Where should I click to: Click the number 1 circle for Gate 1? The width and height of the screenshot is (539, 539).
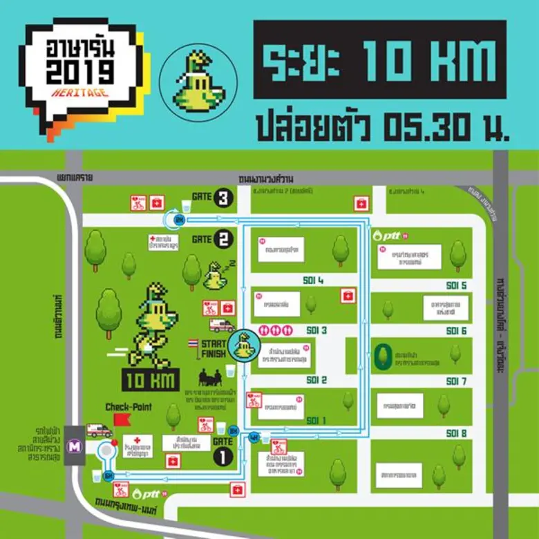tap(223, 456)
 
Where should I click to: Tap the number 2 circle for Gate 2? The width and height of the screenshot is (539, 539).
tap(223, 240)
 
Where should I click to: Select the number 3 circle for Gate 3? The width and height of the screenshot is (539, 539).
tap(223, 198)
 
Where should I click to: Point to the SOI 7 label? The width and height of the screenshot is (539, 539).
tap(456, 381)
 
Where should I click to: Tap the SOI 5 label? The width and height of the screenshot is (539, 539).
tap(456, 285)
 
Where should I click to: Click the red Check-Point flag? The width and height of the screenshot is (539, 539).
tap(120, 419)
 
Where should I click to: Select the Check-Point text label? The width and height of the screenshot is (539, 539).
tap(129, 407)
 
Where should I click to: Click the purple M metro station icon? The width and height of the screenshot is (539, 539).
tap(73, 447)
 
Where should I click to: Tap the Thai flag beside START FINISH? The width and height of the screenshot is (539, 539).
tap(194, 343)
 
